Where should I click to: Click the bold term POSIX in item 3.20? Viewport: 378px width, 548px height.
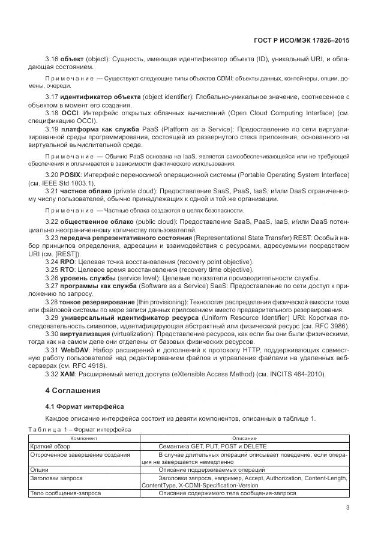point(70,175)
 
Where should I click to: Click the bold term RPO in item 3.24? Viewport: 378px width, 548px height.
point(67,262)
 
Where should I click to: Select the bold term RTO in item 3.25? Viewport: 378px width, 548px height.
point(67,269)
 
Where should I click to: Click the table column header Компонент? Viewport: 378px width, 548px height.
point(83,438)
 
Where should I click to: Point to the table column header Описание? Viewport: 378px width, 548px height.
point(244,438)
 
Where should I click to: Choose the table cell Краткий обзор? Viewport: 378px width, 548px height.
point(51,446)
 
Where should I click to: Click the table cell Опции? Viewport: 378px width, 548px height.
point(40,469)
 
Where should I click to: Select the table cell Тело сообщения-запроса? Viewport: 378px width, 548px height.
point(65,493)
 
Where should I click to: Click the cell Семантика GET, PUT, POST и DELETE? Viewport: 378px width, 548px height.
point(212,446)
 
